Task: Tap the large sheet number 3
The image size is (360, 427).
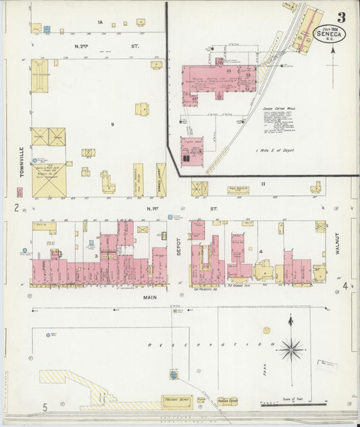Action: point(342,17)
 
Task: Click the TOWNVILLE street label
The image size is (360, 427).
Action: point(22,161)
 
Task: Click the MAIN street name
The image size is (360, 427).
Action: point(150,296)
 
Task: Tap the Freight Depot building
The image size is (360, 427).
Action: point(176,401)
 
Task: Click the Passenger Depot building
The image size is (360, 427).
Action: point(227,401)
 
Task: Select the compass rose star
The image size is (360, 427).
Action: point(290,349)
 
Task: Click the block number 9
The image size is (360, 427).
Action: point(113,125)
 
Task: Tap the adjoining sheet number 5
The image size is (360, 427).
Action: point(45,407)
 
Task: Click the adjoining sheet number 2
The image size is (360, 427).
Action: point(16,207)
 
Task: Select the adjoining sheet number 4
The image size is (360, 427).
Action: point(344,286)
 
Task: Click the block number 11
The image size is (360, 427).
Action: point(265,183)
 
